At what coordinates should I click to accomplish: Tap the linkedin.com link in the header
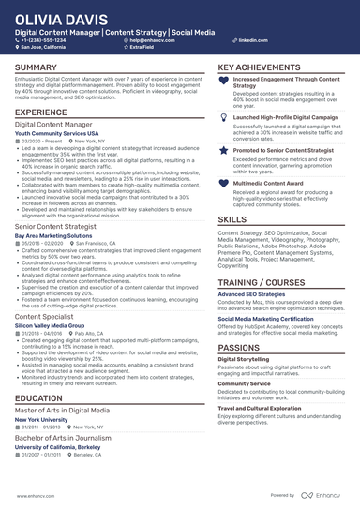coord(246,41)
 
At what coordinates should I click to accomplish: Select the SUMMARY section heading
coord(36,68)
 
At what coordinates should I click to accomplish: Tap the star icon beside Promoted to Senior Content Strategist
coord(223,150)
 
